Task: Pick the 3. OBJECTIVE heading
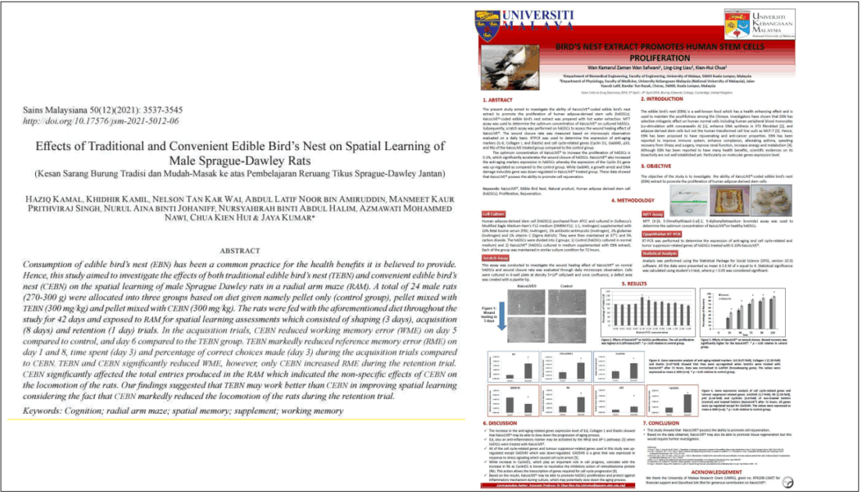tap(659, 166)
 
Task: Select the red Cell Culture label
tap(493, 212)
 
